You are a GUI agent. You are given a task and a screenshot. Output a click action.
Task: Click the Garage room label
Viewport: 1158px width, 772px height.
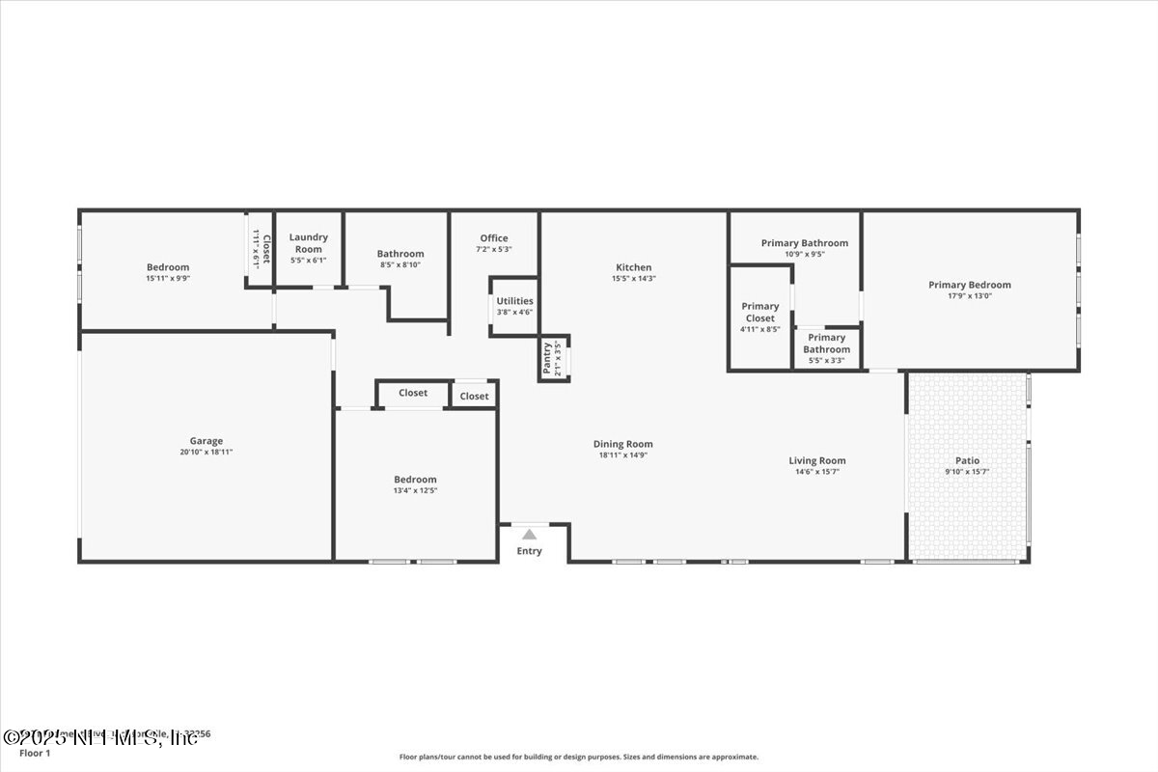click(x=207, y=441)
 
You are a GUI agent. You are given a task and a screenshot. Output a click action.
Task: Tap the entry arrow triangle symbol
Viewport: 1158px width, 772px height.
click(x=529, y=534)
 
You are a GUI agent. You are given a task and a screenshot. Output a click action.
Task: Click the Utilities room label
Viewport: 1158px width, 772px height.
click(x=514, y=301)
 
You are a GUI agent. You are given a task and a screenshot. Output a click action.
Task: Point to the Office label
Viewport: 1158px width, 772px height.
click(x=494, y=238)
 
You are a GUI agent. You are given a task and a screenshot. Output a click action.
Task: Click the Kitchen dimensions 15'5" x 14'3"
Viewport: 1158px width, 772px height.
click(x=633, y=279)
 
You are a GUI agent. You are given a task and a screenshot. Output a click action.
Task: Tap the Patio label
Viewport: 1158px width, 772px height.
click(x=967, y=460)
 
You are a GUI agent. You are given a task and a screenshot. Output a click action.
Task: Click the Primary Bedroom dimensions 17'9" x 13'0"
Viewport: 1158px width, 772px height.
click(x=970, y=296)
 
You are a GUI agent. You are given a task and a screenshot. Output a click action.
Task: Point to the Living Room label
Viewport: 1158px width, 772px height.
click(x=817, y=460)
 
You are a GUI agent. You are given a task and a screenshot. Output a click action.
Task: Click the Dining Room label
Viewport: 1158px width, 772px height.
click(x=622, y=444)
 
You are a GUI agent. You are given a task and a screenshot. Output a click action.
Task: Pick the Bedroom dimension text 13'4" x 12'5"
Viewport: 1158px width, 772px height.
click(x=415, y=490)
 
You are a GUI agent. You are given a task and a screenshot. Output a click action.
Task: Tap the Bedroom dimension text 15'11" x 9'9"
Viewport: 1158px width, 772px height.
click(x=168, y=279)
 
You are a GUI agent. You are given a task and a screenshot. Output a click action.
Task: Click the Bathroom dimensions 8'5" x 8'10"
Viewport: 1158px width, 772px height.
click(x=400, y=264)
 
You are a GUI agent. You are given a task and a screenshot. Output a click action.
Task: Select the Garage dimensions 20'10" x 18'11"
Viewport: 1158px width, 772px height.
click(x=207, y=452)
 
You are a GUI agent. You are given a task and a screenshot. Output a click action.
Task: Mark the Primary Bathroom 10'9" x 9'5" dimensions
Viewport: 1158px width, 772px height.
click(x=805, y=255)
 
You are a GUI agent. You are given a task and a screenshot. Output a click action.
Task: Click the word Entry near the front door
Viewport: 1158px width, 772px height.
click(x=529, y=551)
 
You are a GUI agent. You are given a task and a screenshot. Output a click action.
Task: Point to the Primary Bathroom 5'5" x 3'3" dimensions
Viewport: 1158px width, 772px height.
click(x=826, y=360)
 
